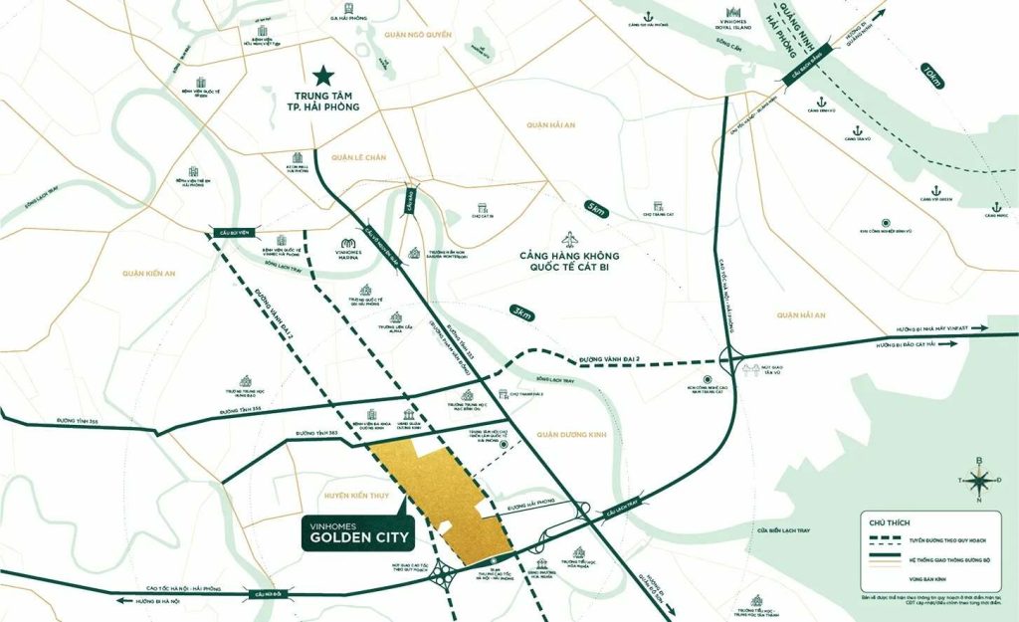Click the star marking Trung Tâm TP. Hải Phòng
[321, 75]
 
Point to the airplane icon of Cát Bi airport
[570, 240]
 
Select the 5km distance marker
[596, 209]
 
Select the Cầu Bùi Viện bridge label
[228, 232]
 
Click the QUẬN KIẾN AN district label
[147, 272]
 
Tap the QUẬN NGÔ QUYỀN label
[418, 35]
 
